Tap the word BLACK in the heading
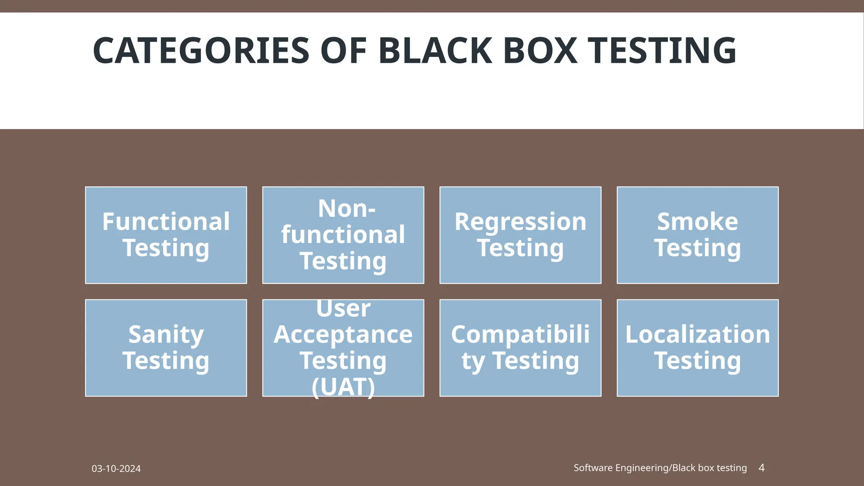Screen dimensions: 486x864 click(435, 51)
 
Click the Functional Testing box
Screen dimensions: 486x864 click(166, 235)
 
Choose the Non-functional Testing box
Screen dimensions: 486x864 click(343, 235)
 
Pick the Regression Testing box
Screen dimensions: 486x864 click(520, 235)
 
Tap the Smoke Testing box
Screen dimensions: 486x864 click(697, 235)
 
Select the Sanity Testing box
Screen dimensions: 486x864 click(166, 348)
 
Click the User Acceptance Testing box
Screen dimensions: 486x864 click(343, 348)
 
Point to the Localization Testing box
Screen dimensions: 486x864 click(697, 348)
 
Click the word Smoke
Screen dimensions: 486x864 click(697, 221)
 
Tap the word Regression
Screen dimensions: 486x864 click(520, 221)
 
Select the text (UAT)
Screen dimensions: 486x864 click(343, 387)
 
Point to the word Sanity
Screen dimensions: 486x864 click(166, 335)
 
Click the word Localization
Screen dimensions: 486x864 click(697, 335)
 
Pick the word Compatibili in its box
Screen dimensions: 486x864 click(520, 335)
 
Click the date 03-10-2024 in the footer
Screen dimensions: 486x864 click(116, 469)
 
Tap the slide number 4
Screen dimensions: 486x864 click(761, 467)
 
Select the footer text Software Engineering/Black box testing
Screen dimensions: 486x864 click(660, 468)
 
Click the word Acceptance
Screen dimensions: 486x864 click(343, 335)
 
